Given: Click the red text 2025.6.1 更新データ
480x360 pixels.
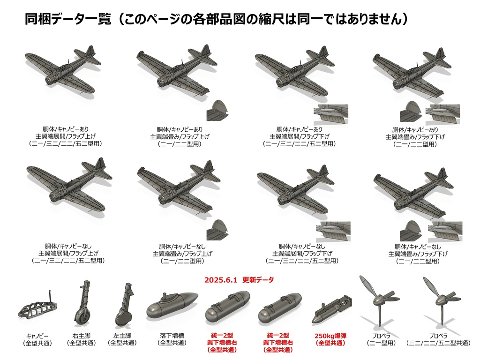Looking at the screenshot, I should (x=239, y=279).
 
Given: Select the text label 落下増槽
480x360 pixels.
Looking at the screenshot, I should (x=172, y=336).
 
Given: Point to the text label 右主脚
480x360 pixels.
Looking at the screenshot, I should (x=82, y=336).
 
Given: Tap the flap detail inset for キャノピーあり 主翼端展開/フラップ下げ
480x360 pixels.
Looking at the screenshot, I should (x=331, y=114).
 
